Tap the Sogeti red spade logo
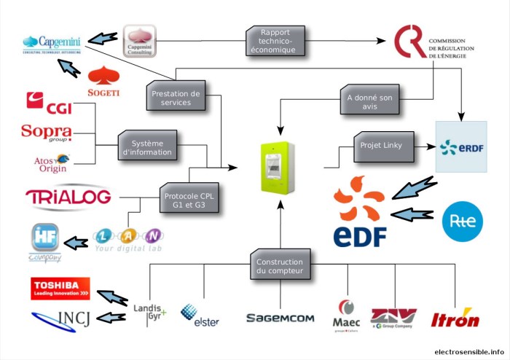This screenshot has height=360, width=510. coord(103,82)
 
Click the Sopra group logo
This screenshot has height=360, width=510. coord(47,133)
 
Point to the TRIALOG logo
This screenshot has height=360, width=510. coord(68,197)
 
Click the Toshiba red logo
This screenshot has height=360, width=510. coord(60,289)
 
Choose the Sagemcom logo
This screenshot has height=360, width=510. coord(280,318)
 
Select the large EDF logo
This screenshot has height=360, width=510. coord(359,211)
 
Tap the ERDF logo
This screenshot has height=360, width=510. coord(461,147)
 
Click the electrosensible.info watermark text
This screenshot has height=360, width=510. coord(468,352)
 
